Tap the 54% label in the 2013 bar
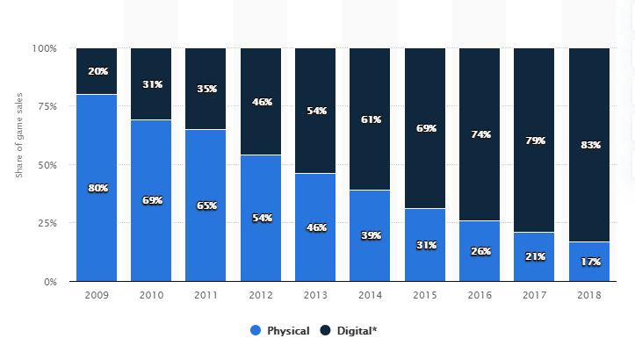click(x=316, y=112)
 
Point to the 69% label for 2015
click(x=426, y=128)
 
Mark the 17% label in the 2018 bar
click(x=589, y=261)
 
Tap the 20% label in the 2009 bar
click(x=97, y=71)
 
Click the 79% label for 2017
click(x=535, y=140)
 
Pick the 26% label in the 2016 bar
click(x=480, y=250)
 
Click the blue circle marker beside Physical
click(x=256, y=331)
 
